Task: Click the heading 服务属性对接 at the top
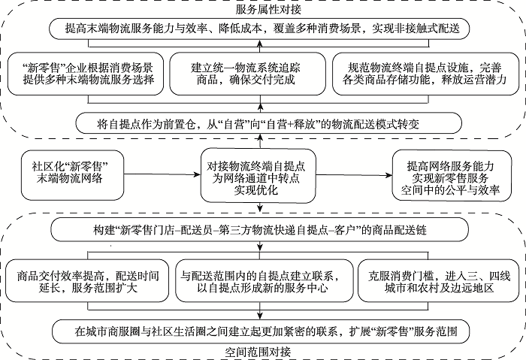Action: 268,9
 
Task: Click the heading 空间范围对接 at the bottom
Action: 258,352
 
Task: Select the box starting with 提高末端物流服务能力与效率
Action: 259,29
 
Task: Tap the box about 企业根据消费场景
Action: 86,74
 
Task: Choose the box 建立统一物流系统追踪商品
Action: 247,74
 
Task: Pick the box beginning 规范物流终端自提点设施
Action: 425,74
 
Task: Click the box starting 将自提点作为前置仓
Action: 269,123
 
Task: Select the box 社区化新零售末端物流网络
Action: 72,175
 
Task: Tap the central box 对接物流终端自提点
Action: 258,176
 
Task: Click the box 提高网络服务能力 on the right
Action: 452,175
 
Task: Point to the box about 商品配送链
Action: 259,230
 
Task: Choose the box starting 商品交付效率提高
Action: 87,281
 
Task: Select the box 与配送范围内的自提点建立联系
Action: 265,281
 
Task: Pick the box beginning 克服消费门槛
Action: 438,281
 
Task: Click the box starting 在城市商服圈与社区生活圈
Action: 261,331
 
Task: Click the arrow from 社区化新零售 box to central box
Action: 162,174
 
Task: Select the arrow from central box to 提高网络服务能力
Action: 354,175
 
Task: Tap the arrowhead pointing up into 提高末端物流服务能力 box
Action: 259,43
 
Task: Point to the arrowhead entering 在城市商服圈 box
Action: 259,316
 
